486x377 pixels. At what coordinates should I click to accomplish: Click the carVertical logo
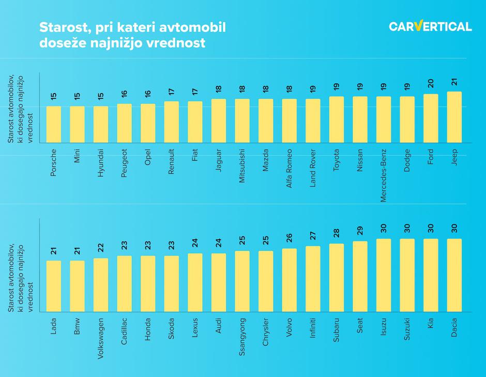[x=430, y=26]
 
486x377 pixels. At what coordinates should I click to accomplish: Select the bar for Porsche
[x=54, y=124]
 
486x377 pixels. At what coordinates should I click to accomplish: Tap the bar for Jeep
[x=454, y=117]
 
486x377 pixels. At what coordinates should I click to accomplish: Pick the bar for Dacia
[x=454, y=275]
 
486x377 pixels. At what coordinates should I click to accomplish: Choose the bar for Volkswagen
[x=101, y=285]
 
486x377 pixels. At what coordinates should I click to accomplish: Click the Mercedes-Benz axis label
[x=384, y=175]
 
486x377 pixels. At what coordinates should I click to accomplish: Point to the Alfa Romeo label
[x=289, y=168]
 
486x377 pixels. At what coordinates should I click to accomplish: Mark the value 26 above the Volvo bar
[x=289, y=238]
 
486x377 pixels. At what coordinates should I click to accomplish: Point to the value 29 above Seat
[x=360, y=231]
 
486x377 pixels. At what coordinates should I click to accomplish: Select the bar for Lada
[x=54, y=286]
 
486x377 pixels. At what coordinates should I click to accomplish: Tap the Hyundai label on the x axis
[x=101, y=163]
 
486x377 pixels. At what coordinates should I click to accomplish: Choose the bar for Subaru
[x=336, y=278]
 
